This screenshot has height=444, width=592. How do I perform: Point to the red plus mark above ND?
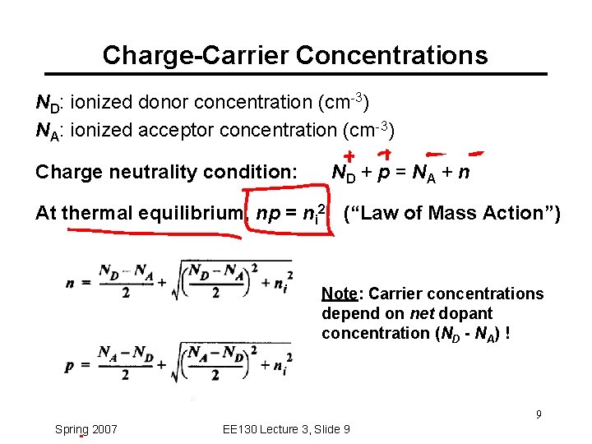349,156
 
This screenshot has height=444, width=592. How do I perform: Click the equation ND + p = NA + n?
400,173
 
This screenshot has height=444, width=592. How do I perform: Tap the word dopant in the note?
468,313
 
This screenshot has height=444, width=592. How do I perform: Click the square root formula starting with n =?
179,280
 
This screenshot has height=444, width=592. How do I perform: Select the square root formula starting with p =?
179,363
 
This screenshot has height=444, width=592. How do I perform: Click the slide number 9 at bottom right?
539,414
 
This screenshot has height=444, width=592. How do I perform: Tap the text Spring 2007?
86,429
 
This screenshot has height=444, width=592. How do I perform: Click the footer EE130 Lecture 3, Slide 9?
286,429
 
